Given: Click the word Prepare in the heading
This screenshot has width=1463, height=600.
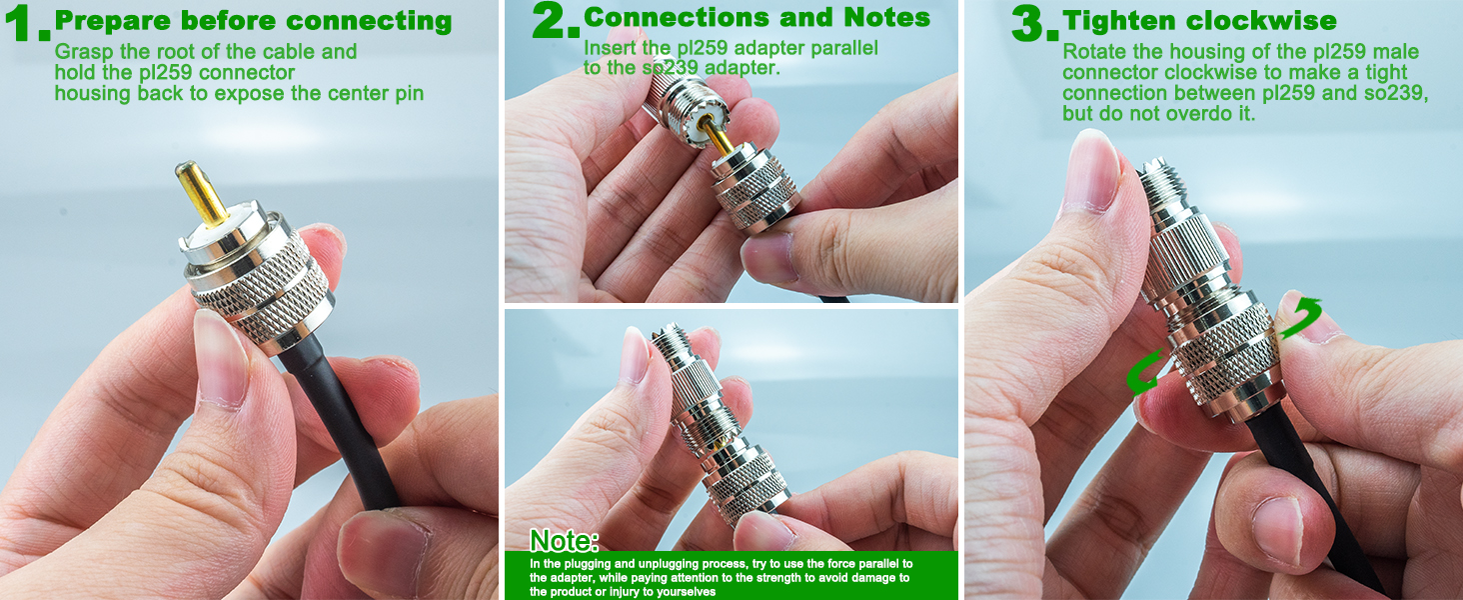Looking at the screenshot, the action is click(114, 22).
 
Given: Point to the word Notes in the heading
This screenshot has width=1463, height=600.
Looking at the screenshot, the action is click(886, 18).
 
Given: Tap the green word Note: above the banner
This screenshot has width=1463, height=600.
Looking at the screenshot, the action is click(564, 541).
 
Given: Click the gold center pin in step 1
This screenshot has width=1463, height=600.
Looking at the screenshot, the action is click(201, 193).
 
